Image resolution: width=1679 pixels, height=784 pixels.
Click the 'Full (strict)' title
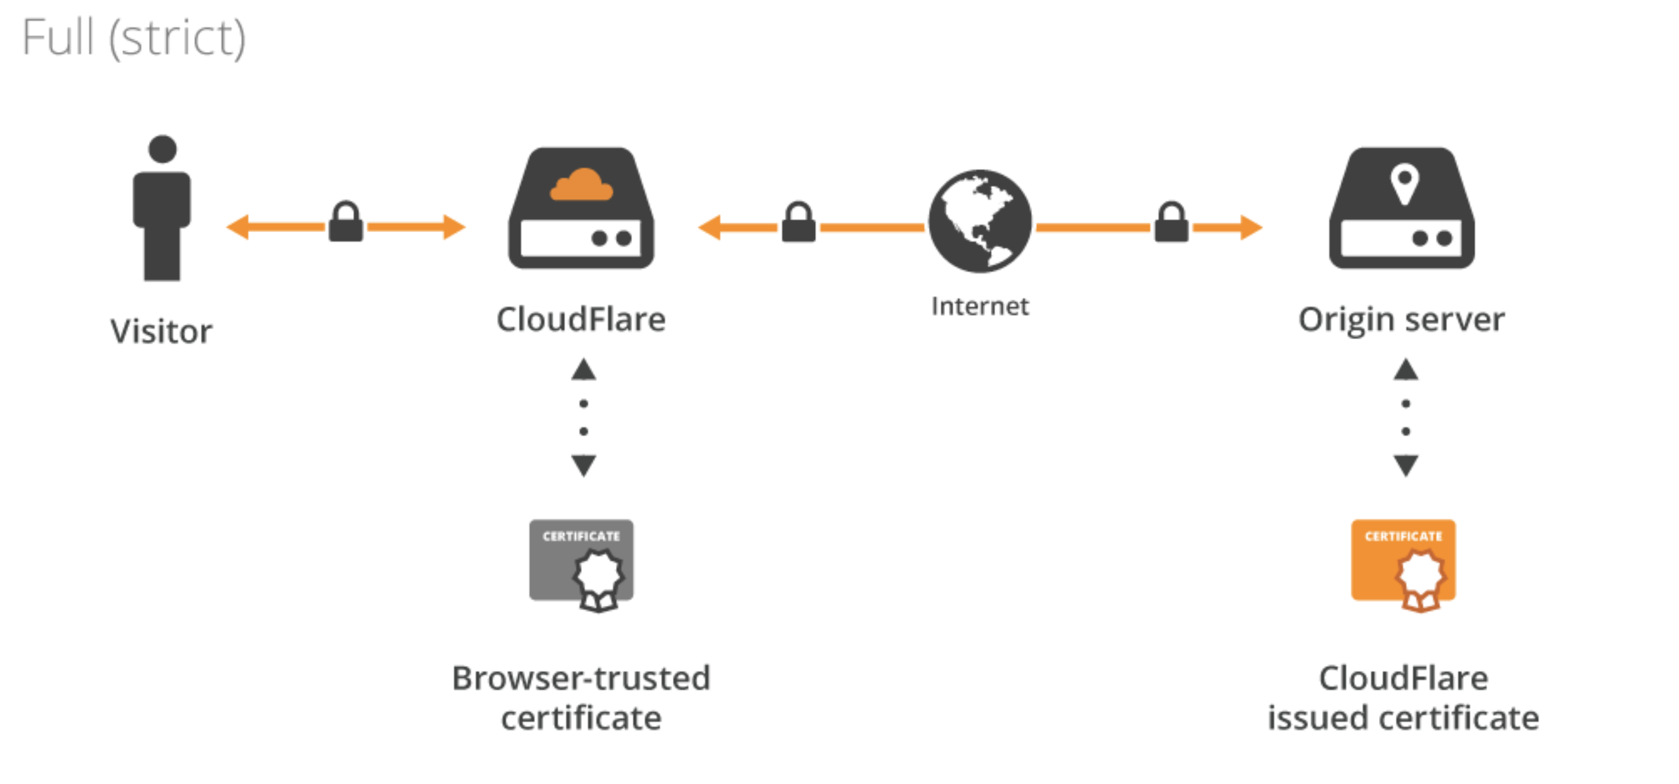click(x=134, y=38)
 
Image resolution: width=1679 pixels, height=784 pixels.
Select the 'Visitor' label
click(x=161, y=331)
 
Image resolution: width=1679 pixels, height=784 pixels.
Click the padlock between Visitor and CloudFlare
click(x=346, y=222)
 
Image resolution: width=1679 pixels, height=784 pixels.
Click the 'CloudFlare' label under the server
click(x=581, y=319)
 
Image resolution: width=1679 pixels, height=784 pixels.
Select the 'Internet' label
click(x=980, y=306)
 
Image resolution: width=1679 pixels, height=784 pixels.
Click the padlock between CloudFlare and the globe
click(x=798, y=222)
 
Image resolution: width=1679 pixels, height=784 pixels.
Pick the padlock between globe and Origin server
click(x=1171, y=222)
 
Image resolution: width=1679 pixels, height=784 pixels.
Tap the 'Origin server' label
click(x=1401, y=319)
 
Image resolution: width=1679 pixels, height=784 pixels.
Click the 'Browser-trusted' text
click(x=581, y=678)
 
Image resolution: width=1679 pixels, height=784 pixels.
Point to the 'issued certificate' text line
click(x=1403, y=718)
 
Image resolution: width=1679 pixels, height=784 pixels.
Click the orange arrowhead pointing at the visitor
click(x=237, y=227)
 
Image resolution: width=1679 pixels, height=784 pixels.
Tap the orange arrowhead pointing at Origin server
click(x=1252, y=227)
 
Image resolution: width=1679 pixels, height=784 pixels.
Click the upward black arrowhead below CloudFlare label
click(x=583, y=370)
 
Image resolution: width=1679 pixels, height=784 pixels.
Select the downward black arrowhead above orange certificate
click(x=1406, y=465)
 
